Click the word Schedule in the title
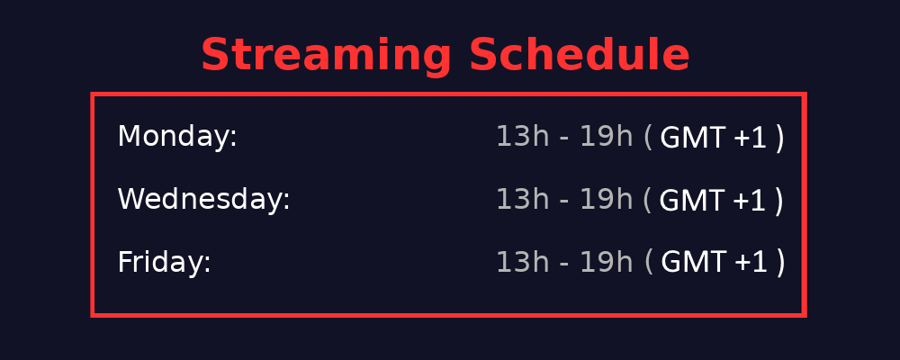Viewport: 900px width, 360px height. pos(579,56)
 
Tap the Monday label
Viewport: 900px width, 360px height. pos(177,137)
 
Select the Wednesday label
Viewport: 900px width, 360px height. pos(203,200)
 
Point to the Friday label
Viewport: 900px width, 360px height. pos(164,263)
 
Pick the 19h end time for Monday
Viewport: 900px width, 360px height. pos(607,137)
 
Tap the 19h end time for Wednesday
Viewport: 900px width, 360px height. pos(607,200)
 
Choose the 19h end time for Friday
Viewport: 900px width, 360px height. pos(607,263)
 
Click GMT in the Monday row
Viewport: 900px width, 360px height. pos(692,138)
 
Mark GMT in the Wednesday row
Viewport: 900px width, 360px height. pos(691,201)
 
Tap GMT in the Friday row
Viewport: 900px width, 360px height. pos(693,263)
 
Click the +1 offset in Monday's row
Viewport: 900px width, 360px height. pos(750,138)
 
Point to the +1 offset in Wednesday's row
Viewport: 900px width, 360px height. pos(749,201)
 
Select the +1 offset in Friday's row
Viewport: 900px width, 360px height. pos(751,263)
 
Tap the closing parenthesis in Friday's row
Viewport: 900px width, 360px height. pos(781,263)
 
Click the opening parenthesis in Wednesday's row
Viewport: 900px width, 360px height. pos(648,200)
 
